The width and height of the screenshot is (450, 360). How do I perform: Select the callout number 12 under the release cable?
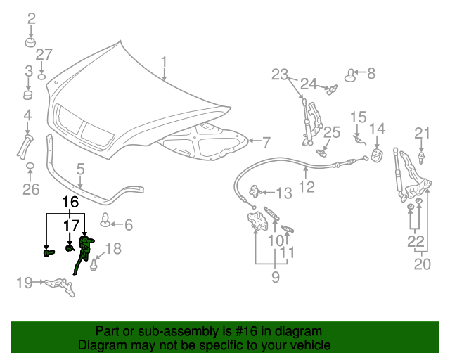pos(307,187)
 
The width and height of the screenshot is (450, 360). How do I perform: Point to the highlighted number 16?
pos(70,202)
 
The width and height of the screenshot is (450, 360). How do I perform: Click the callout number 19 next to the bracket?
pos(25,283)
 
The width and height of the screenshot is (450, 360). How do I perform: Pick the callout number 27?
pos(44,55)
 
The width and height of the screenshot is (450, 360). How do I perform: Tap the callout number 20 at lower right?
pos(420,264)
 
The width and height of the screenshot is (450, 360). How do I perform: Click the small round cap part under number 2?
pos(31,44)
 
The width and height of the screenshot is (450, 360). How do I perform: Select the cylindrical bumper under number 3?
pos(29,95)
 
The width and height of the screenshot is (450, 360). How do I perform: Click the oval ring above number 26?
pos(31,167)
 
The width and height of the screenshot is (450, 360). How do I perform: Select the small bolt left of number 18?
pos(93,263)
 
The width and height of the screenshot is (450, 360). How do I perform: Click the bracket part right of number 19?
pos(59,285)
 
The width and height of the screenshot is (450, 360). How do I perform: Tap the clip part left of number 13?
pos(257,191)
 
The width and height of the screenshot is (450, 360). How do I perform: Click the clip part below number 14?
pos(376,156)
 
